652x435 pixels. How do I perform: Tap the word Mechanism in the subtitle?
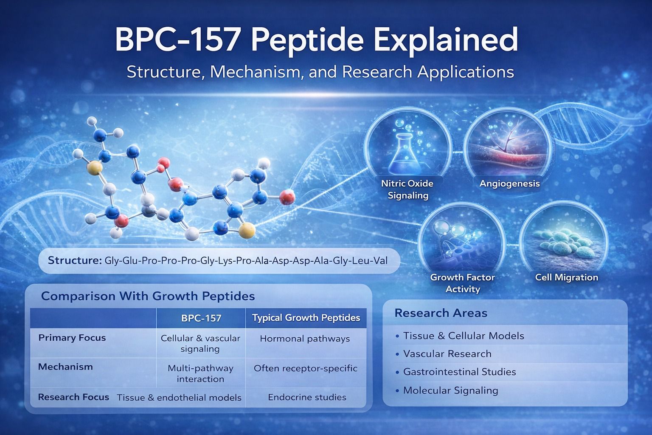pos(255,72)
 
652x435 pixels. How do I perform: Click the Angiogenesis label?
pos(510,184)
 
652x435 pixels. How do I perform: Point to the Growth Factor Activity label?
pos(463,283)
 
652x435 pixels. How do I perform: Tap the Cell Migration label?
pos(566,277)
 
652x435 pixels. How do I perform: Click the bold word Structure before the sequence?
pos(75,260)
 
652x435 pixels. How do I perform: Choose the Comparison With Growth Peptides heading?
pos(148,297)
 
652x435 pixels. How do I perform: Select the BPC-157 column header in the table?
pos(201,318)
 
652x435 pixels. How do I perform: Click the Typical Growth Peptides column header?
pos(306,318)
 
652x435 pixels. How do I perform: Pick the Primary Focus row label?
pos(72,338)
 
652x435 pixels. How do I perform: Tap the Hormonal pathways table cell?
pos(305,339)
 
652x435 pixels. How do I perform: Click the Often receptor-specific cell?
pos(305,369)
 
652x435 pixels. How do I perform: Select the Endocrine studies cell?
pos(307,398)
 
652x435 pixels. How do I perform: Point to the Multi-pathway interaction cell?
pos(200,373)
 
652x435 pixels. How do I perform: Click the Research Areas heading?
pos(441,313)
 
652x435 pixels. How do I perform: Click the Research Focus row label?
pos(73,397)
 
